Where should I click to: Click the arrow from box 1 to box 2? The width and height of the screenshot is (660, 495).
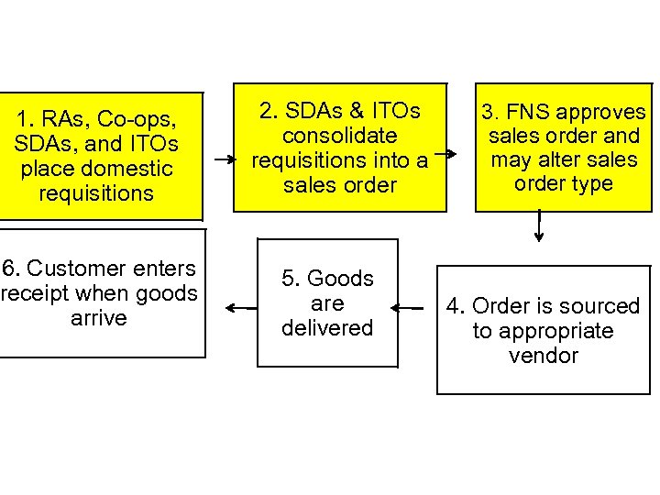click(x=224, y=159)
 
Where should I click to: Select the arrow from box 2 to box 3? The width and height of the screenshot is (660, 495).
click(x=445, y=154)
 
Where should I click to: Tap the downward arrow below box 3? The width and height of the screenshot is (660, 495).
click(x=539, y=226)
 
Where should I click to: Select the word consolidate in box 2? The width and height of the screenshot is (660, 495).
click(x=339, y=136)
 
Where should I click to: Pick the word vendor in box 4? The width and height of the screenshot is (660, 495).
click(x=543, y=356)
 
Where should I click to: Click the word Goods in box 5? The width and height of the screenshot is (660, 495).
click(x=340, y=279)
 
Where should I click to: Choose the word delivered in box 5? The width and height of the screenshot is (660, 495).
click(x=327, y=328)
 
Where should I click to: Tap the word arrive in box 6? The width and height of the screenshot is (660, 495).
click(x=98, y=318)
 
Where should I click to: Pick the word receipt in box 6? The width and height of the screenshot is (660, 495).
click(x=38, y=293)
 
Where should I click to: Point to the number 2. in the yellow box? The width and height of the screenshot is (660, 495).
click(x=269, y=111)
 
